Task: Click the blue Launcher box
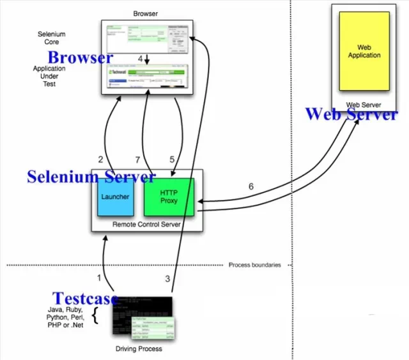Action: [115, 197]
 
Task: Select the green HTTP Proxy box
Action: [169, 197]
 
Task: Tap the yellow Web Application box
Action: [364, 52]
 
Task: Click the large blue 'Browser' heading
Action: [80, 57]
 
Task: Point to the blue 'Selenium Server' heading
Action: [91, 176]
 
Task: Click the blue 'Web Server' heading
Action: [351, 114]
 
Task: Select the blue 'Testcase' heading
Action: [85, 298]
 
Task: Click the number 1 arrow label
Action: [99, 278]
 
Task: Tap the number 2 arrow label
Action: [100, 160]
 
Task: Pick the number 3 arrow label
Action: [168, 278]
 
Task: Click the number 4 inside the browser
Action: [141, 59]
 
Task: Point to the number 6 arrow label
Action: [251, 186]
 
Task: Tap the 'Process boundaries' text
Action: [254, 265]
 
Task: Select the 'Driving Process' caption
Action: [139, 349]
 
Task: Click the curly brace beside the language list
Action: [96, 316]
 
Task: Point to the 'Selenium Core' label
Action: [51, 38]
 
